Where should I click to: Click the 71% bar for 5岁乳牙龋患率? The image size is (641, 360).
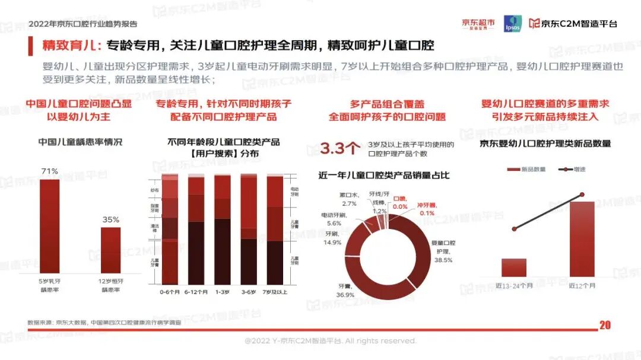click(x=50, y=225)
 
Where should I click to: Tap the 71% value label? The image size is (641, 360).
click(x=49, y=172)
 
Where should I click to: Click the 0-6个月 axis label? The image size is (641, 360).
click(x=169, y=292)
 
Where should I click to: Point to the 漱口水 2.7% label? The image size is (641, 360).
click(x=349, y=199)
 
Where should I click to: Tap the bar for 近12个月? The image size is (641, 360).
click(x=582, y=238)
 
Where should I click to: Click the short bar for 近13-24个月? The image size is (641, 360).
click(x=514, y=267)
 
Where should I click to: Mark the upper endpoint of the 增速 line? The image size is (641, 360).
click(x=582, y=195)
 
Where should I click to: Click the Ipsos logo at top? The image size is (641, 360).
click(x=512, y=23)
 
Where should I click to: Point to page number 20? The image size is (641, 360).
click(x=605, y=325)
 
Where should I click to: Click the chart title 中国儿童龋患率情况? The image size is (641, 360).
click(x=80, y=142)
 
